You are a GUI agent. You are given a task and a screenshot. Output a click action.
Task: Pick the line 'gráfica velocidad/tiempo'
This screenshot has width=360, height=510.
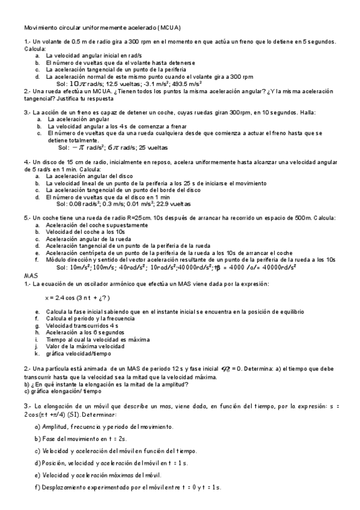pos(76,354)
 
